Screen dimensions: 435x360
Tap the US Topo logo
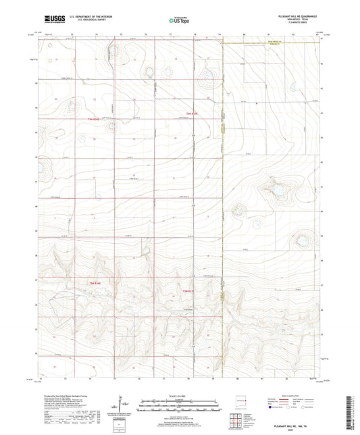[179, 20]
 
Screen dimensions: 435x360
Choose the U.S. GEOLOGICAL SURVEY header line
[85, 20]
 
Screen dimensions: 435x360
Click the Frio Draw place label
[190, 310]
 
